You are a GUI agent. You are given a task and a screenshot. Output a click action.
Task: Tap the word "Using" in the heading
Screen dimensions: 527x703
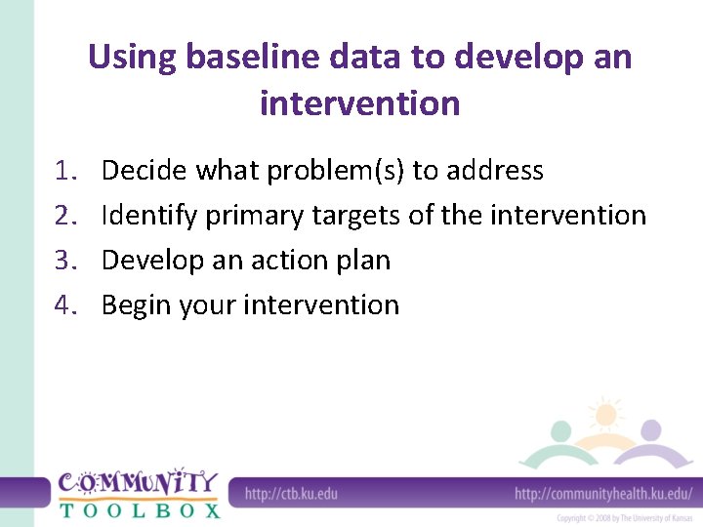pos(130,57)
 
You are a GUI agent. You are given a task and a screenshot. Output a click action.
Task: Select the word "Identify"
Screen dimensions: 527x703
pos(149,216)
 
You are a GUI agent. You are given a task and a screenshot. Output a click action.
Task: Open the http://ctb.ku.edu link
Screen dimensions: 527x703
pos(291,494)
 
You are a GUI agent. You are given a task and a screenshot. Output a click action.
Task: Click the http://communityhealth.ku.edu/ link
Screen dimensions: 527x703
pos(603,494)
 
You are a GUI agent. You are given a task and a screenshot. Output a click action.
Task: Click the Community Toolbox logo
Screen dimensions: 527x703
pos(138,493)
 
